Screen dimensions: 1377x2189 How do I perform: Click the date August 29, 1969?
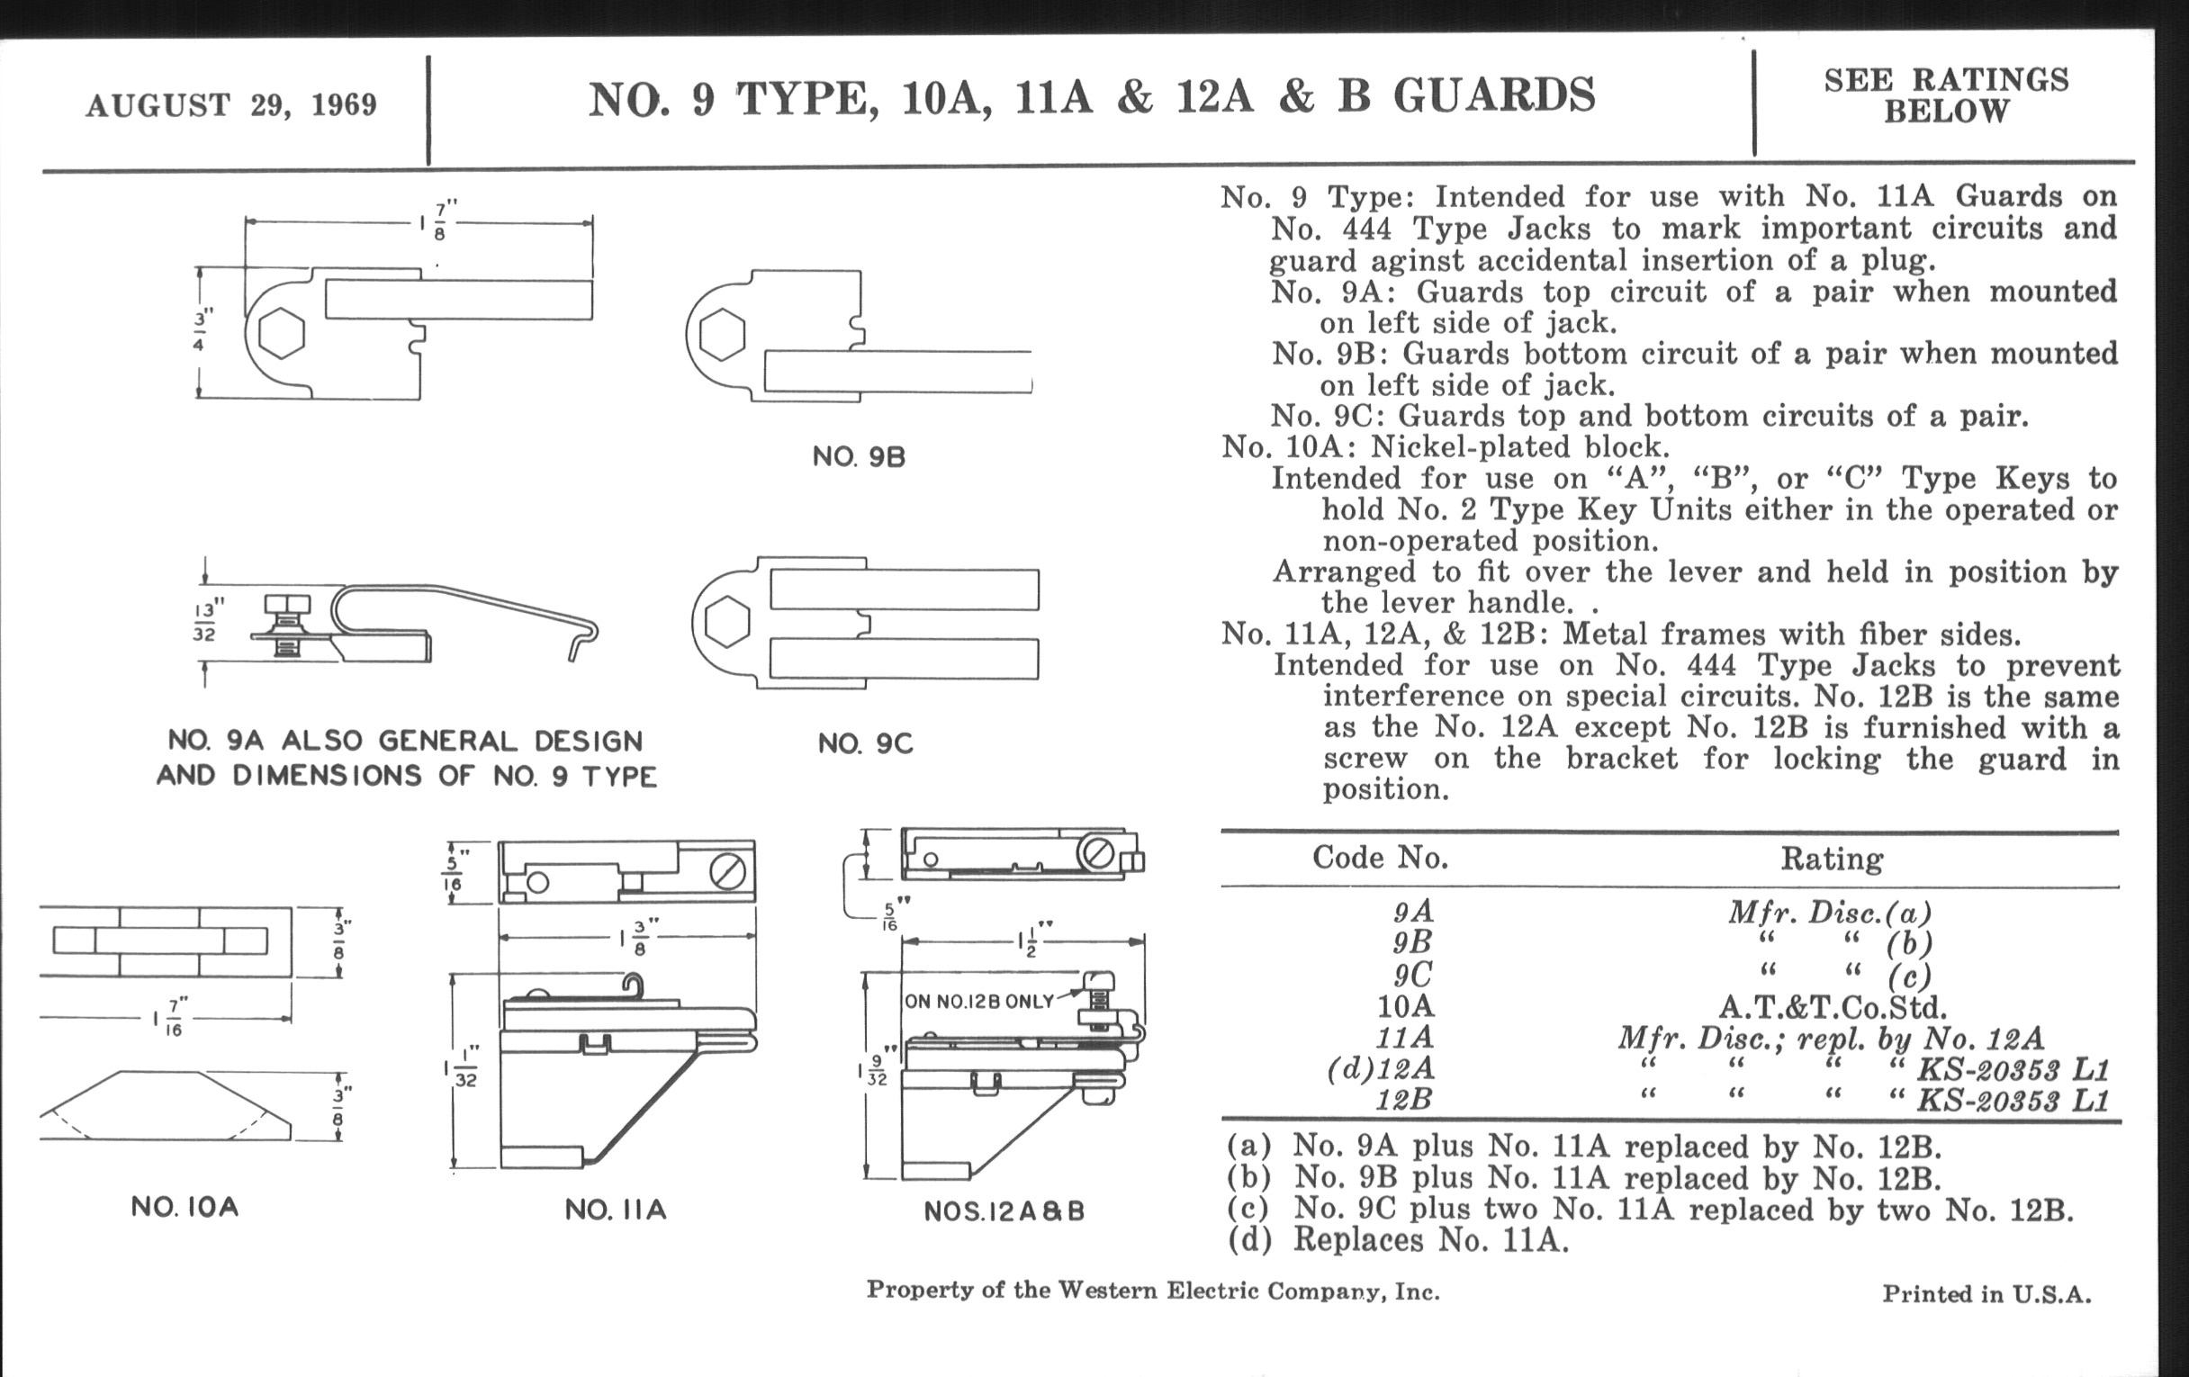(x=231, y=104)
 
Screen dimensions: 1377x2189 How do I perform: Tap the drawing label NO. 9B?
(x=859, y=456)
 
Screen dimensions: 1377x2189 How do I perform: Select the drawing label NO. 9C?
(x=864, y=743)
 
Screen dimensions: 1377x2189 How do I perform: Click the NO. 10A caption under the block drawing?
(x=185, y=1207)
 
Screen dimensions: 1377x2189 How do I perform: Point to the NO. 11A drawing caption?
(x=616, y=1210)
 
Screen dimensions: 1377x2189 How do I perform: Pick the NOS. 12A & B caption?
(x=1004, y=1211)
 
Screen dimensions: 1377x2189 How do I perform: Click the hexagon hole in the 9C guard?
(x=727, y=623)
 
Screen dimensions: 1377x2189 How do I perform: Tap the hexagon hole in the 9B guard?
(x=722, y=335)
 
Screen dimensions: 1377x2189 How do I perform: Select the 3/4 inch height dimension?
(x=199, y=331)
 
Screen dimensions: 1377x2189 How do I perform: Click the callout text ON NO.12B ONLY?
(x=978, y=1002)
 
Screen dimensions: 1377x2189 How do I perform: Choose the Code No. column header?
(x=1379, y=857)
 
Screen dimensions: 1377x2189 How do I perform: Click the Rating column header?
(x=1831, y=859)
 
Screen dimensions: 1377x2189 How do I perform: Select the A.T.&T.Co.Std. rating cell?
(x=1832, y=1007)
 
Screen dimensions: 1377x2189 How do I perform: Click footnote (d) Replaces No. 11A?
(x=1398, y=1240)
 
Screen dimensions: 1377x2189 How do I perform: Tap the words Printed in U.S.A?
(x=1986, y=1293)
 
